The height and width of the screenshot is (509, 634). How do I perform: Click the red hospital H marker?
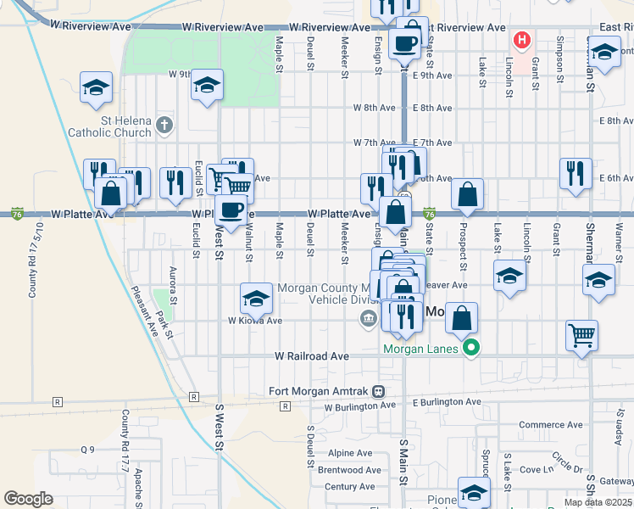[521, 40]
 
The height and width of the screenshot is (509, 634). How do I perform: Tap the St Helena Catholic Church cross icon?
[164, 127]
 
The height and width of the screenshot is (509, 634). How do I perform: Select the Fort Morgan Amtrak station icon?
[379, 391]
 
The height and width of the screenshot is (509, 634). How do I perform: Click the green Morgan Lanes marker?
[474, 348]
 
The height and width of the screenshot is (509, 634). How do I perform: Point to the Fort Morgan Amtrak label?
[320, 391]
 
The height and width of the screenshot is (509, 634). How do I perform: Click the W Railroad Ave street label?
[311, 357]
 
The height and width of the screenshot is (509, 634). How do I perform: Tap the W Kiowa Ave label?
[254, 321]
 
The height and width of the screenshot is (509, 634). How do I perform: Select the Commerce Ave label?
[550, 425]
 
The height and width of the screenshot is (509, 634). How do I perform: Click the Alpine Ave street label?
[355, 453]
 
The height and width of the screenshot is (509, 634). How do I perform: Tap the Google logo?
[28, 499]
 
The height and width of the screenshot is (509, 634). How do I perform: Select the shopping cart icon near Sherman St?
[581, 335]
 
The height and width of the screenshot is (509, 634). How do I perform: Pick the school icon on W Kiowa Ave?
[256, 298]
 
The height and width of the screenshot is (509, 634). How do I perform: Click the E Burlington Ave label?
[447, 402]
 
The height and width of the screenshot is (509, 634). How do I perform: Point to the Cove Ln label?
[536, 469]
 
